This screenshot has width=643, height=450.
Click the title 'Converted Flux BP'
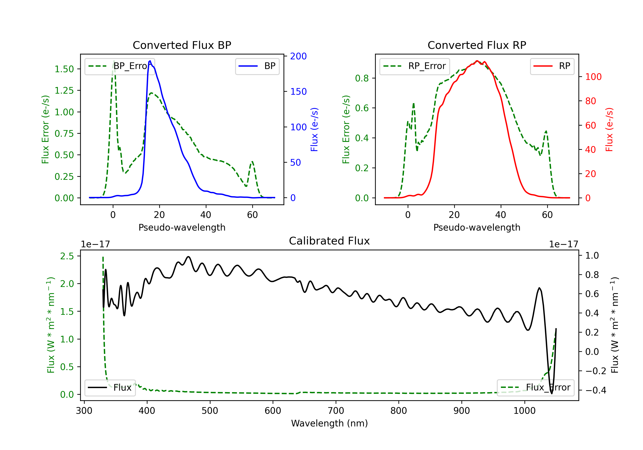point(182,45)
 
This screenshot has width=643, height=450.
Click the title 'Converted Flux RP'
point(477,45)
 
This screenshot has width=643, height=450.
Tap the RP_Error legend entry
point(415,66)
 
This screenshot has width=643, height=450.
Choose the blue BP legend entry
point(257,66)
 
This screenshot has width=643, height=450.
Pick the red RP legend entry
point(552,66)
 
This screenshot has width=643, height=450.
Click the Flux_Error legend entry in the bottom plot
point(535,388)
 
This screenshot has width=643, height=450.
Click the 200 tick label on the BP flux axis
point(298,56)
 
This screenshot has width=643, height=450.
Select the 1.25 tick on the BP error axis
point(64,90)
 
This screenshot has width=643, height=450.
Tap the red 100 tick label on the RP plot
point(593,77)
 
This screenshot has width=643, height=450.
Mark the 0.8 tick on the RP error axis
point(362,78)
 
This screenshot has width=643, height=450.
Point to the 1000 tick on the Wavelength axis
point(524,411)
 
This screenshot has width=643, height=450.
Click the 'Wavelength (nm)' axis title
point(329,423)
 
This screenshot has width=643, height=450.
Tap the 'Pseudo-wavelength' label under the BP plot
point(182,227)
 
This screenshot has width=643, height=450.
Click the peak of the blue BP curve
point(150,61)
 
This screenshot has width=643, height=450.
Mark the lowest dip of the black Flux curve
point(552,393)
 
